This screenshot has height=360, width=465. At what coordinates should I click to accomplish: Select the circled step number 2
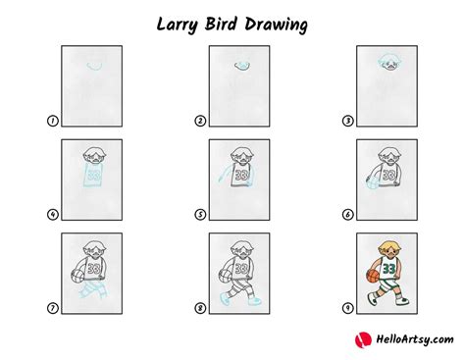[200, 122]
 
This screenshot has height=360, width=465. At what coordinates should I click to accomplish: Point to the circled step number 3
[346, 122]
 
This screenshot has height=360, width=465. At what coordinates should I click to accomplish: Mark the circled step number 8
[200, 308]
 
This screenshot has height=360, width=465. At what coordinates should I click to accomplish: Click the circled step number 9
[346, 308]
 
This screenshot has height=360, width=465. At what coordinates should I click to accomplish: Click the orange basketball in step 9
[372, 277]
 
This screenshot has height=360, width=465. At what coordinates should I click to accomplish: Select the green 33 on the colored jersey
[390, 267]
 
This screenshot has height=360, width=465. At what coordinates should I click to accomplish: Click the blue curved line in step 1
[94, 66]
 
